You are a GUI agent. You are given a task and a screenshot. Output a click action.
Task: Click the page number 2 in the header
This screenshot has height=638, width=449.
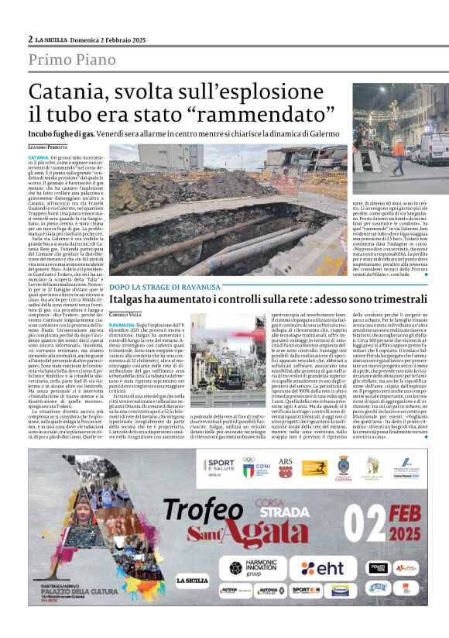pyautogui.click(x=30, y=39)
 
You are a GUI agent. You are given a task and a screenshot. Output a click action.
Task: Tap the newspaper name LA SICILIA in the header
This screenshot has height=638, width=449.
pyautogui.click(x=57, y=39)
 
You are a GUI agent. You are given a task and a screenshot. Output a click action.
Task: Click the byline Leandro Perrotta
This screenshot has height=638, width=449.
pyautogui.click(x=47, y=147)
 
